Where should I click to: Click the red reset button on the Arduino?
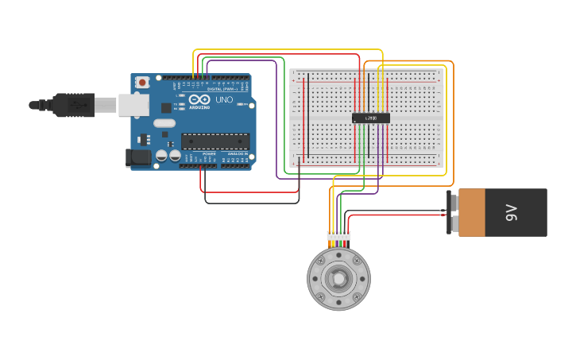(142, 82)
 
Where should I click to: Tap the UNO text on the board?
(224, 99)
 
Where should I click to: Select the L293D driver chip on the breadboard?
(371, 118)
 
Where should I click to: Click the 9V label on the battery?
(512, 212)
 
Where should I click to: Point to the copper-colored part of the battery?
(472, 212)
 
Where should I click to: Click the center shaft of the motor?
(338, 278)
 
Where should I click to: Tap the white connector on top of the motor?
(338, 235)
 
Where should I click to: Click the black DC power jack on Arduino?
(138, 157)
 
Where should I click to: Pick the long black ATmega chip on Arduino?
(215, 141)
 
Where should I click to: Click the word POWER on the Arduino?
(209, 153)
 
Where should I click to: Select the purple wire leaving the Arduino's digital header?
(276, 119)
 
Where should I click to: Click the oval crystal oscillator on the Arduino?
(164, 123)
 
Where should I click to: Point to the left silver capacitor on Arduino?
(161, 155)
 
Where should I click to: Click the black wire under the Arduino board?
(251, 203)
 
